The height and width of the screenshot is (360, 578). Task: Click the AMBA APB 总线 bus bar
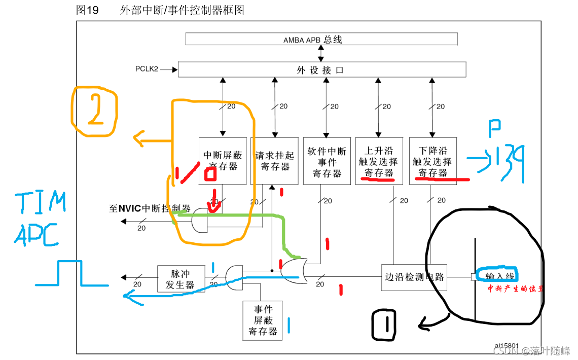[x=321, y=39]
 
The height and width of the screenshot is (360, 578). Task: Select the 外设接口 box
[x=321, y=69]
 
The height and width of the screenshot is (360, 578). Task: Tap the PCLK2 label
[x=147, y=68]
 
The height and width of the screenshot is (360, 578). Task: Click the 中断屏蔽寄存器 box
[x=222, y=160]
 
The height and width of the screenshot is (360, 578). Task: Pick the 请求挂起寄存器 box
[x=275, y=160]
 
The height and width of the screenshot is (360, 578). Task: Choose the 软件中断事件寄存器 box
[x=327, y=161]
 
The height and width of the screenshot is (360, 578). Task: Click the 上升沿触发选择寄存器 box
[x=379, y=161]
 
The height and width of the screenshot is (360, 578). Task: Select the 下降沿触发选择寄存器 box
[x=432, y=161]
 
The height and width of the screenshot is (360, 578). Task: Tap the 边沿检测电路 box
[x=414, y=277]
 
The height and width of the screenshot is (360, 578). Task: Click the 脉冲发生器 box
[x=181, y=278]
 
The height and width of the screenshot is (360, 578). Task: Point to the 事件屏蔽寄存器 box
[x=263, y=320]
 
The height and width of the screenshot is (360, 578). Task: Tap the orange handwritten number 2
[x=95, y=112]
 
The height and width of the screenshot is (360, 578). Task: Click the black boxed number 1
[x=384, y=325]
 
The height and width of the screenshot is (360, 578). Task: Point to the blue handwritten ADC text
[x=38, y=234]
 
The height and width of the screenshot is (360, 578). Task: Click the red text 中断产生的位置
[x=514, y=289]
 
